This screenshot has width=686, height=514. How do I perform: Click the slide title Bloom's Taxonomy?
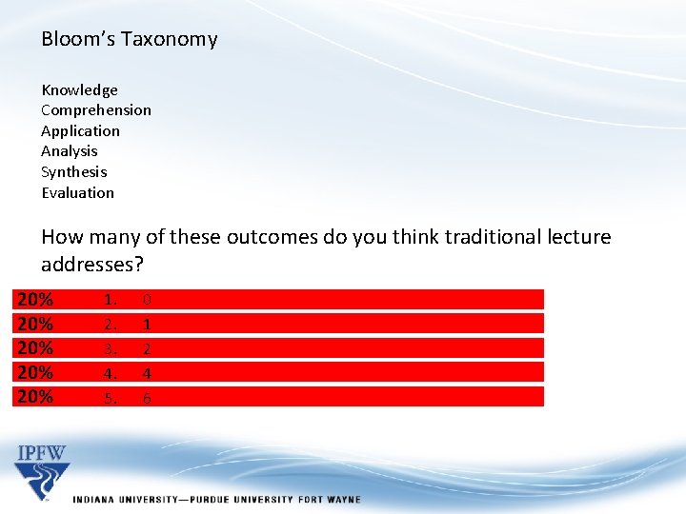tap(129, 39)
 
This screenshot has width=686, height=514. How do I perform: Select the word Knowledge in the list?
tap(79, 90)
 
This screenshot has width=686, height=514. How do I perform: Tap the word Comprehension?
tap(95, 110)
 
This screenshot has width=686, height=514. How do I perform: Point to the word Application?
tap(80, 131)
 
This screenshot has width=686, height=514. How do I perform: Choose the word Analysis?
tap(69, 151)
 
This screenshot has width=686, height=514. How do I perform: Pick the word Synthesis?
tap(73, 172)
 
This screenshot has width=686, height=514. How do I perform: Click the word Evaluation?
tap(77, 193)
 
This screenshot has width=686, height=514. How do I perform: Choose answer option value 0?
tap(146, 300)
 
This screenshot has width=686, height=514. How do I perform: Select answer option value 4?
tap(146, 374)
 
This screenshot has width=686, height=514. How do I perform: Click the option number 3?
tap(111, 349)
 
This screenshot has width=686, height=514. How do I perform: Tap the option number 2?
tap(111, 325)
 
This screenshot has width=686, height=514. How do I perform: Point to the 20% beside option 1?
tap(35, 300)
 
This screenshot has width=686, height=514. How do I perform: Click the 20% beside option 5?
tap(35, 397)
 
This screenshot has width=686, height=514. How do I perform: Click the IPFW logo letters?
tap(42, 452)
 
